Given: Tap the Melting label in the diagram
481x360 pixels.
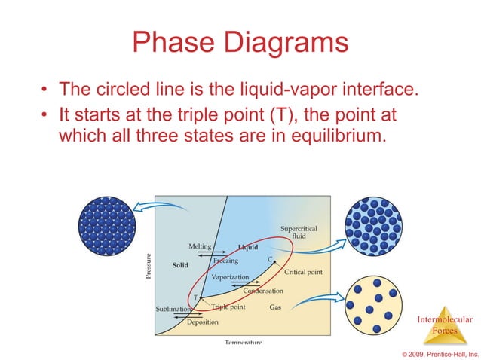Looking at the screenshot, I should click(200, 246).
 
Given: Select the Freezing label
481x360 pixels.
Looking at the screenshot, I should click(225, 261).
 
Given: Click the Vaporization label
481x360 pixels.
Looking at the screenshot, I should click(230, 277).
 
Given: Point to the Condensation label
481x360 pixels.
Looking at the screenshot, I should click(262, 291).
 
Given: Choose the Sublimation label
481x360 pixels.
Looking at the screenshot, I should click(173, 309).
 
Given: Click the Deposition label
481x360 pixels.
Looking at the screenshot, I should click(203, 322).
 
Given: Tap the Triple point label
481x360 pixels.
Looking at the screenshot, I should click(228, 307).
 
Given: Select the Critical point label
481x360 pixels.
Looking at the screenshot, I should click(303, 271).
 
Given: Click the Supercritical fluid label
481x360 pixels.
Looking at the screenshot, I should click(299, 232).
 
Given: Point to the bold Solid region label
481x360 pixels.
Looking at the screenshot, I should click(180, 265).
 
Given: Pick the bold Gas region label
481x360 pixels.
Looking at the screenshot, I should click(276, 307).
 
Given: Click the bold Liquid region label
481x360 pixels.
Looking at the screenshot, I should click(247, 247).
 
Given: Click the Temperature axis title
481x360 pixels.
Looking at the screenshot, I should click(243, 342).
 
